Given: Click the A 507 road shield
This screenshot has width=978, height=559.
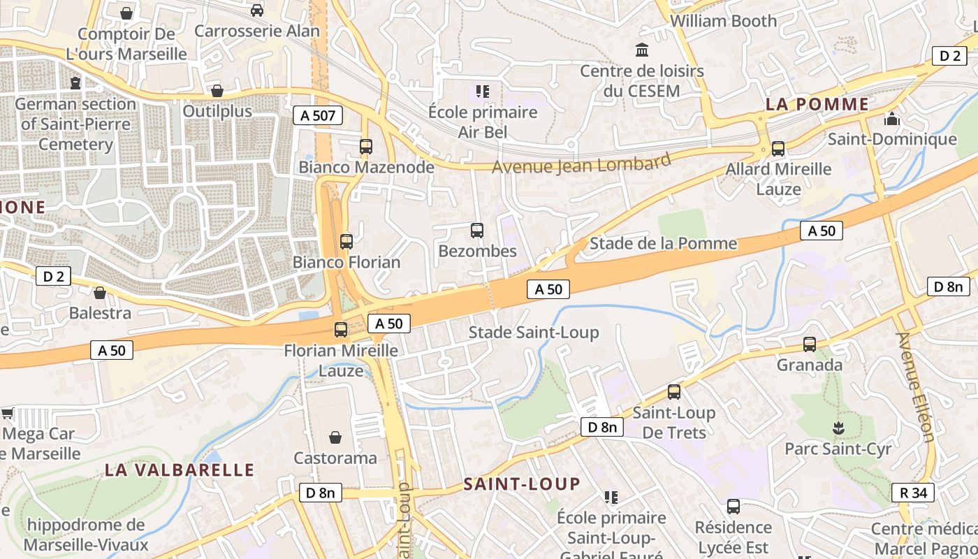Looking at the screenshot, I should point(318,115).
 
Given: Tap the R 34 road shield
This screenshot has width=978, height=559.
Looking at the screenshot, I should point(913,493).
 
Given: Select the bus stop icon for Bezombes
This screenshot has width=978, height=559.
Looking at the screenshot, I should point(477,231).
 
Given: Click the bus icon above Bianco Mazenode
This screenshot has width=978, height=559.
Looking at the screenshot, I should point(365,147).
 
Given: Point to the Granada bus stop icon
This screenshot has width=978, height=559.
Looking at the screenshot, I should point(809,344).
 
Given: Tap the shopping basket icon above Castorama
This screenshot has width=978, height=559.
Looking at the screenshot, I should point(335,438).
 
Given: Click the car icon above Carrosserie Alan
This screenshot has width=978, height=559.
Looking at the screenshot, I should point(256,10).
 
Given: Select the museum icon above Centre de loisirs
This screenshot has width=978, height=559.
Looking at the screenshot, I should point(641,50).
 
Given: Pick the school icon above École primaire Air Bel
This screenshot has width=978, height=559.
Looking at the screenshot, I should point(482,91).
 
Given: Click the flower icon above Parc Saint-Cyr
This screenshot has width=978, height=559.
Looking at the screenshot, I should point(838,428).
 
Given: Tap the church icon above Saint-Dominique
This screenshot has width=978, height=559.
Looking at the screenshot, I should point(891,119).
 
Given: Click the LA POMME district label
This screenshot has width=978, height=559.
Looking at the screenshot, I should point(817,105).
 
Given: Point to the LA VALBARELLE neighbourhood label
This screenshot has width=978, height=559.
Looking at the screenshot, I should point(180,470).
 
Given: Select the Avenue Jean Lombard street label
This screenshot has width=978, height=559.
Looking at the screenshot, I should point(581,164).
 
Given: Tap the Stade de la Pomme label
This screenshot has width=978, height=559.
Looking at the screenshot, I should point(663,243).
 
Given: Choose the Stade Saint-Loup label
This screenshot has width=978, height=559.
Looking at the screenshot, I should point(533,332).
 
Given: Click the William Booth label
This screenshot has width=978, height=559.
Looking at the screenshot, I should point(723,21).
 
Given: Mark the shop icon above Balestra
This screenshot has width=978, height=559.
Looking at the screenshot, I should point(100,293).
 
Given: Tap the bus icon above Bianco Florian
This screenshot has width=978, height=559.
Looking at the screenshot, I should point(346,242).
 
